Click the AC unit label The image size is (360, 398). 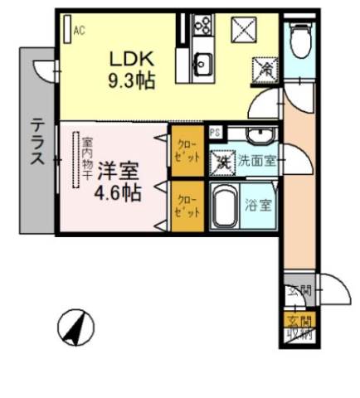coord(80,32)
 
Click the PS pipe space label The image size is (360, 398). coord(216,132)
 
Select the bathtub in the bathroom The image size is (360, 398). coord(223,206)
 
